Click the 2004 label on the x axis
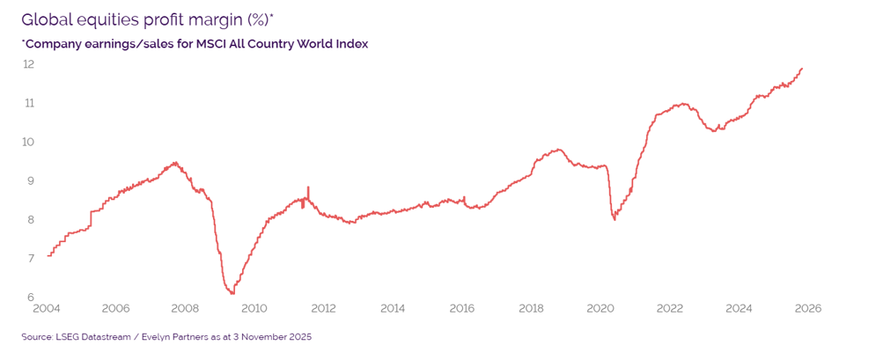(x=47, y=309)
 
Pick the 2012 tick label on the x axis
(x=323, y=309)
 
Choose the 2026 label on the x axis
(x=808, y=309)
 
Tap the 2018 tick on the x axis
(x=531, y=309)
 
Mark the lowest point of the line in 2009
(x=231, y=293)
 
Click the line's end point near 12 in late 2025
(x=802, y=68)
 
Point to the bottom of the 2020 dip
(x=614, y=219)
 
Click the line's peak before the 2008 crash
(x=175, y=162)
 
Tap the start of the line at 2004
(x=48, y=255)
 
